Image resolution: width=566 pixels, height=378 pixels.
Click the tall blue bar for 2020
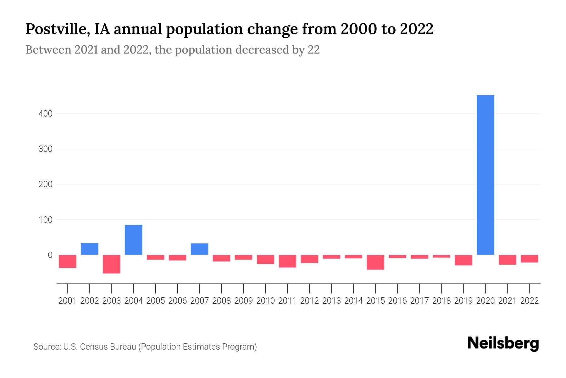[x=485, y=175]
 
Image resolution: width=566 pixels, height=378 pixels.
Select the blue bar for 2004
[x=133, y=240]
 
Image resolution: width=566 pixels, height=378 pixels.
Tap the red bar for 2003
[x=112, y=264]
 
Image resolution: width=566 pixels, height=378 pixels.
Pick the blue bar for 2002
[x=90, y=249]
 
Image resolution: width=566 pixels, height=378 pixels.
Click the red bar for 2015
[x=375, y=262]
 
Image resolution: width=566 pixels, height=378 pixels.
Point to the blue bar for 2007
[x=199, y=249]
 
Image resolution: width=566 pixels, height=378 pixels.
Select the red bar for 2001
[x=68, y=261]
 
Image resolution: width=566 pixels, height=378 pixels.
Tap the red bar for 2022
[x=530, y=259]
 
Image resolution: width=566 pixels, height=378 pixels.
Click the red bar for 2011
[x=287, y=261]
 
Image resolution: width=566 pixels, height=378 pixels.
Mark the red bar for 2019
[x=463, y=260]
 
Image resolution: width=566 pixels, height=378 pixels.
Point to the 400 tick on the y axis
[x=45, y=114]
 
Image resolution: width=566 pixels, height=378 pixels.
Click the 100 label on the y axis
[x=45, y=220]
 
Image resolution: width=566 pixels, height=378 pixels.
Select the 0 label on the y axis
[x=50, y=255]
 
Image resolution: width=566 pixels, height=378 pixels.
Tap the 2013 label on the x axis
[x=331, y=301]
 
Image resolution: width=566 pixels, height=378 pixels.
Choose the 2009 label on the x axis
[x=243, y=301]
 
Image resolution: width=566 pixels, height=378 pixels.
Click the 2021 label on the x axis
[x=507, y=301]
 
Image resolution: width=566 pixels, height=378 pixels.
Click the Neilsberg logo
[x=503, y=344]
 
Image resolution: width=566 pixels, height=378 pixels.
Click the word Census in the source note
[x=93, y=347]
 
